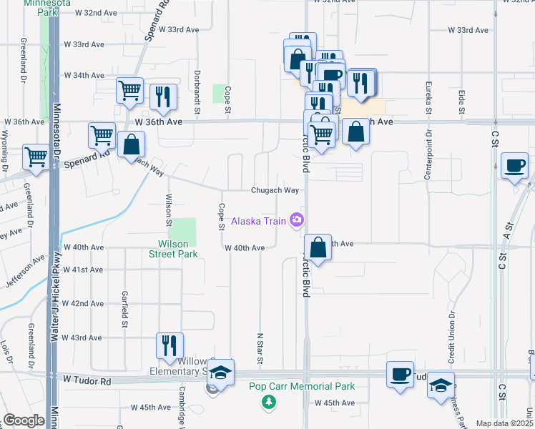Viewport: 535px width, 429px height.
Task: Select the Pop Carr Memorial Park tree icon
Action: click(269, 403)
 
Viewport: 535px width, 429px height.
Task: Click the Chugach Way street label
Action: click(274, 190)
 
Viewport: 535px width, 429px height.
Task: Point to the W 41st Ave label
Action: click(84, 270)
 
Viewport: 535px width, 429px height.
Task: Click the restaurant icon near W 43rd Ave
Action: click(170, 345)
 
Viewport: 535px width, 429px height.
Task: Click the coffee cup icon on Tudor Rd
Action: click(400, 374)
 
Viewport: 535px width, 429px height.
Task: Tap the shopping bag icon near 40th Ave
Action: click(318, 247)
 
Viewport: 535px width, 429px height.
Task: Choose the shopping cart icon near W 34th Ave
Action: click(129, 90)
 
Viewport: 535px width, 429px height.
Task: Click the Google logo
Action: click(23, 420)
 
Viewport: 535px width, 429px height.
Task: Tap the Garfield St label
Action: click(124, 304)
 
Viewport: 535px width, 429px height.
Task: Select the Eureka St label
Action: click(429, 98)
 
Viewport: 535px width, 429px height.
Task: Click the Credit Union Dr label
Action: click(452, 335)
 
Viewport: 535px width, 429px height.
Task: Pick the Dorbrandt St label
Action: click(196, 91)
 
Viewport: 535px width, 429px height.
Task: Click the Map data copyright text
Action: click(504, 423)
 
